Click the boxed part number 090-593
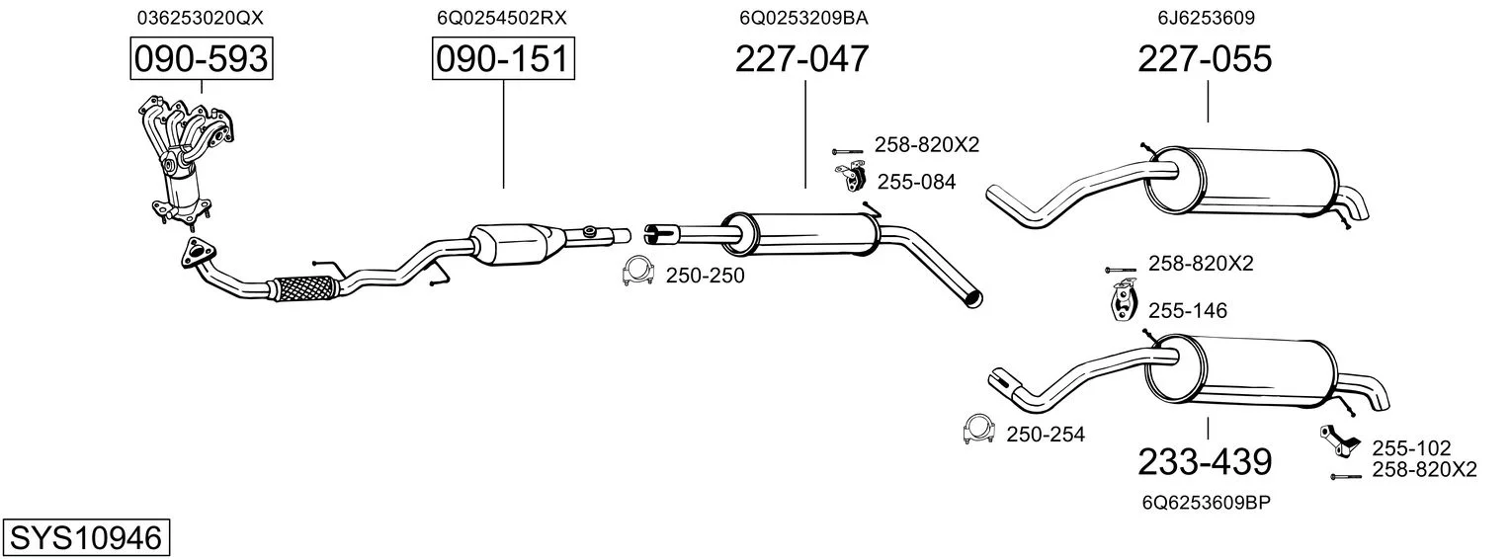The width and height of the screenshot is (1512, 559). [x=202, y=59]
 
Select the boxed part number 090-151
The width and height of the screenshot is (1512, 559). [x=504, y=59]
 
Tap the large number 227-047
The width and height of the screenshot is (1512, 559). [x=801, y=58]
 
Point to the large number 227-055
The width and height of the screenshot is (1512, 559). [x=1205, y=58]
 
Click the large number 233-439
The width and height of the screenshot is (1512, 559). [x=1205, y=462]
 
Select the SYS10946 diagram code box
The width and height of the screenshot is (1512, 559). [x=86, y=537]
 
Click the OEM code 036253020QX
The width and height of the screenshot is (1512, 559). [x=201, y=18]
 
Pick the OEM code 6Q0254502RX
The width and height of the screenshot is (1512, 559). [x=502, y=18]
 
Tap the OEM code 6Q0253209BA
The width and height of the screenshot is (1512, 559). [x=803, y=18]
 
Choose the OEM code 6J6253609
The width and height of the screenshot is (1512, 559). [x=1207, y=18]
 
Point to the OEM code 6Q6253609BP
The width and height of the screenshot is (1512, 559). [x=1207, y=503]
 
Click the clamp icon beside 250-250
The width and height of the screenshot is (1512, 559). [x=637, y=273]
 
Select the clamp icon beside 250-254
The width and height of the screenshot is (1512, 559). [x=979, y=429]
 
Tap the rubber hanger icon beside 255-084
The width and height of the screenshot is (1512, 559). [x=852, y=177]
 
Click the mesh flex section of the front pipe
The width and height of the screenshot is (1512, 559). [x=303, y=289]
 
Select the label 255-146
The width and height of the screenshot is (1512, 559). [x=1188, y=310]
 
